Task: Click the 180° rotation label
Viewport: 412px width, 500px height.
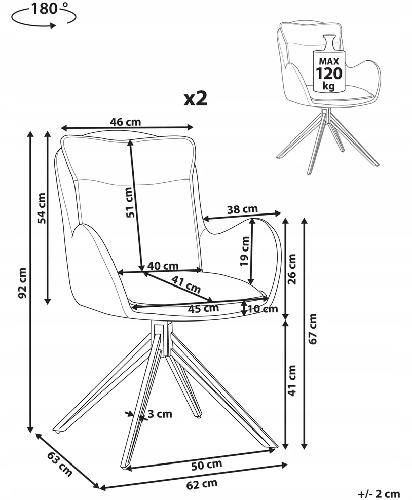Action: tap(47, 9)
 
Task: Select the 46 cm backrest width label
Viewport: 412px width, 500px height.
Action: tap(125, 122)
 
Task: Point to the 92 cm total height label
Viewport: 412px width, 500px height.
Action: tap(22, 282)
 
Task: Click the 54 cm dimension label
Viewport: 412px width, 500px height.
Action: tap(42, 208)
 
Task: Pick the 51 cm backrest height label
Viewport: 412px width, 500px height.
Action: tap(129, 202)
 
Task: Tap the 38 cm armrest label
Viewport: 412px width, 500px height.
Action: tap(242, 209)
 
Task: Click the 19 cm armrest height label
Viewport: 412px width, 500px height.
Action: tap(245, 251)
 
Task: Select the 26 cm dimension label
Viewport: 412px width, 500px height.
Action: tap(292, 269)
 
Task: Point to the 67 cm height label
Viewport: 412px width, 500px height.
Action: tap(313, 329)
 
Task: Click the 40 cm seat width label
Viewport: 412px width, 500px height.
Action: tap(163, 266)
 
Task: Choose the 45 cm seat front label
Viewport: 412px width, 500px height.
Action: tap(203, 308)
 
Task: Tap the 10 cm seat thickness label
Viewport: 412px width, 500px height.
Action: tap(263, 309)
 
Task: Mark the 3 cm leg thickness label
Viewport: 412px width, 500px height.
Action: tap(160, 414)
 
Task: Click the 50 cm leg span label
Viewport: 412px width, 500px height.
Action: tap(207, 465)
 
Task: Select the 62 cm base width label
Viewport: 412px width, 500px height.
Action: tap(202, 484)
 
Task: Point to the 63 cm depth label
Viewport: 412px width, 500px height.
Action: tap(60, 464)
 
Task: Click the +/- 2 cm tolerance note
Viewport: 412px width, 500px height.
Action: tap(379, 494)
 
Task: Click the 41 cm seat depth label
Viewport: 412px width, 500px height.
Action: tap(186, 284)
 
